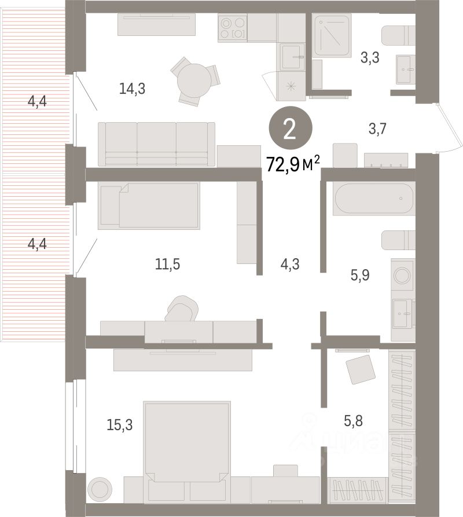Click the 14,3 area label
[132, 89]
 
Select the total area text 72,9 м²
[293, 164]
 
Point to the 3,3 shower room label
[370, 58]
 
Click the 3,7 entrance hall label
[377, 129]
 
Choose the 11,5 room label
[167, 264]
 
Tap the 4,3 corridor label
[290, 264]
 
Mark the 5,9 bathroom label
[360, 275]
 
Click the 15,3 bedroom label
[120, 425]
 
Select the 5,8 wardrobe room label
[353, 421]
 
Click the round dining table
[194, 80]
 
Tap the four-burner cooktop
[232, 28]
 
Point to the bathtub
[374, 199]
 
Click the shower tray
[331, 35]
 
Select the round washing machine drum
[402, 275]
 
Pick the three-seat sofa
[156, 144]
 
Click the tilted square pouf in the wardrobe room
[361, 369]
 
